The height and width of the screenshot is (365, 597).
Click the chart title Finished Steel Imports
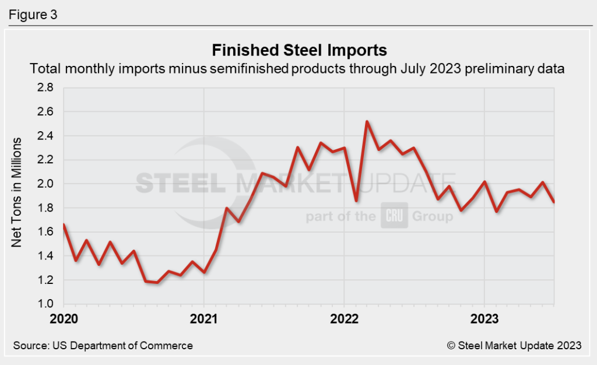pos(298,48)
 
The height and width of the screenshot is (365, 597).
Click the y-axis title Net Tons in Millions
pos(17,192)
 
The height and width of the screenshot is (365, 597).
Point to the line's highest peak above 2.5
pos(367,121)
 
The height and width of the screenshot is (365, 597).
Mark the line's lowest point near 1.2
pos(157,283)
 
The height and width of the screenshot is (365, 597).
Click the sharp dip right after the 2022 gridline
pos(356,201)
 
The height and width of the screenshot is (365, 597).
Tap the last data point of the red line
pos(553,202)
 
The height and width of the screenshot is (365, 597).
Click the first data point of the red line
pos(63,224)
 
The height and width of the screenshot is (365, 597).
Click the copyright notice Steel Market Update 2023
pos(514,345)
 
